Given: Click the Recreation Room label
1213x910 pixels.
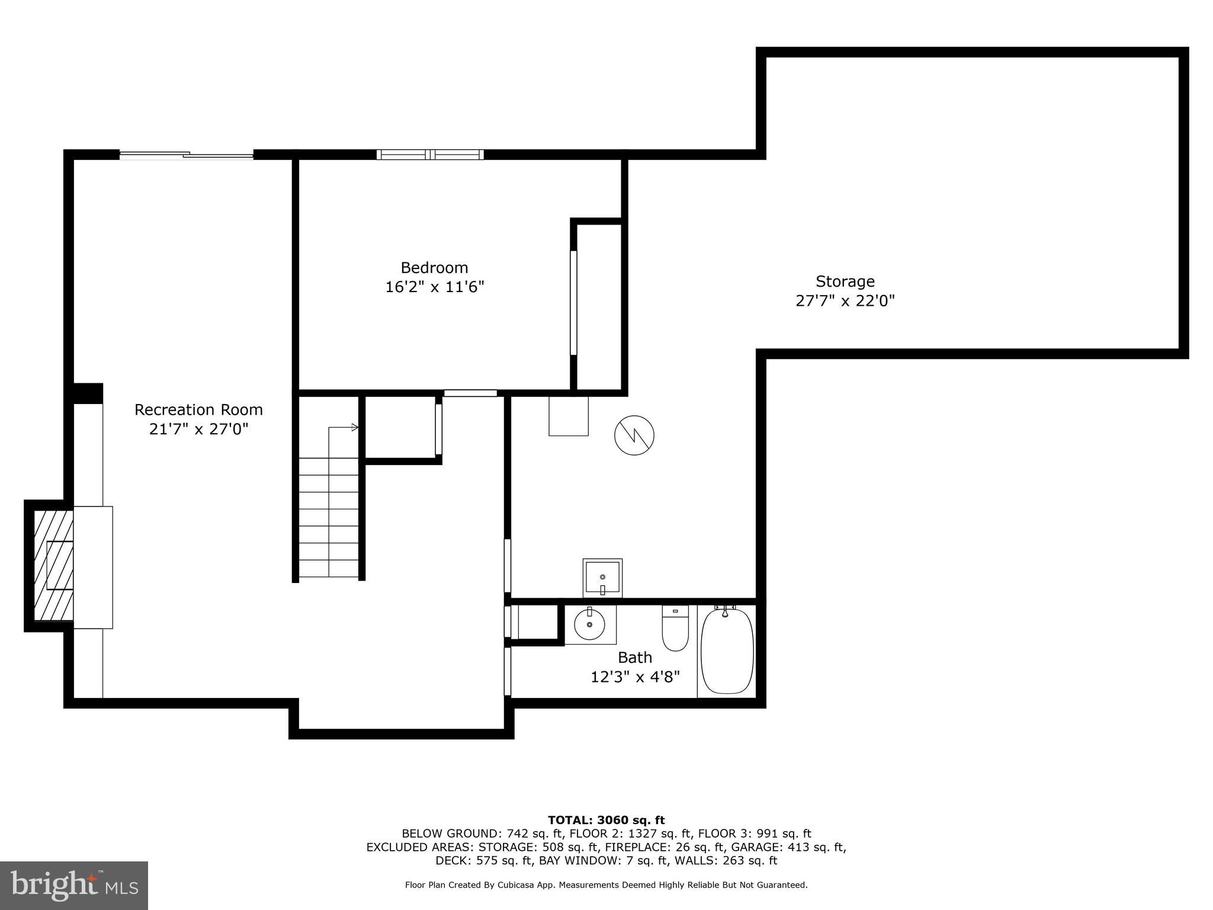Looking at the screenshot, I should tap(198, 410).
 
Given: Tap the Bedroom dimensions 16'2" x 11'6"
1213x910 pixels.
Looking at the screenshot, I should tap(435, 287).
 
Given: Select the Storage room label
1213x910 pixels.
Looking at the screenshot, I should tap(845, 281).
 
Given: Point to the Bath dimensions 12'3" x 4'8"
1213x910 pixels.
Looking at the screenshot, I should tap(635, 677).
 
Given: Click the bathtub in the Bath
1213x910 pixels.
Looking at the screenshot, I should tap(727, 652).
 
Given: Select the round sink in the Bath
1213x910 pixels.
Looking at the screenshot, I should tap(589, 624).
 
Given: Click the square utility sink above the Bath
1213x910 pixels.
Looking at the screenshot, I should tap(602, 578).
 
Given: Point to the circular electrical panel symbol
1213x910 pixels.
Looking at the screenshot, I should tap(634, 435).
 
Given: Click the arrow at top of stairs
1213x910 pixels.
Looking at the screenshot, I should tap(354, 427).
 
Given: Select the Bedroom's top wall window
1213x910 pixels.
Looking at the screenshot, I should tap(431, 155).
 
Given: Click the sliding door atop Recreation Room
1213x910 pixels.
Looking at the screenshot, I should tap(187, 155).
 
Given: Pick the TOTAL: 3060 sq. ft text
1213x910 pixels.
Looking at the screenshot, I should tap(606, 821).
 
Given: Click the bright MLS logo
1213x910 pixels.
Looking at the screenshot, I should tap(74, 886).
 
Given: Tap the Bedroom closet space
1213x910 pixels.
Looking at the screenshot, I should tap(599, 306).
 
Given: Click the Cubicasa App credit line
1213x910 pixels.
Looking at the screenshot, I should tap(606, 885).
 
